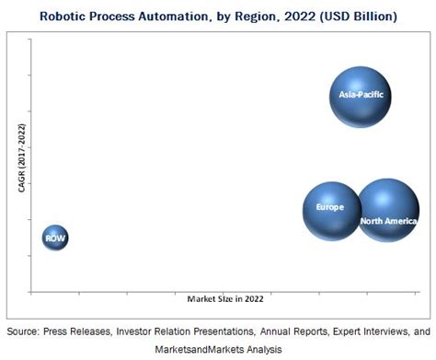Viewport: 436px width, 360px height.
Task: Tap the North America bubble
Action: click(x=387, y=211)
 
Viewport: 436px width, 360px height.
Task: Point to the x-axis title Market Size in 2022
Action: click(x=224, y=299)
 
